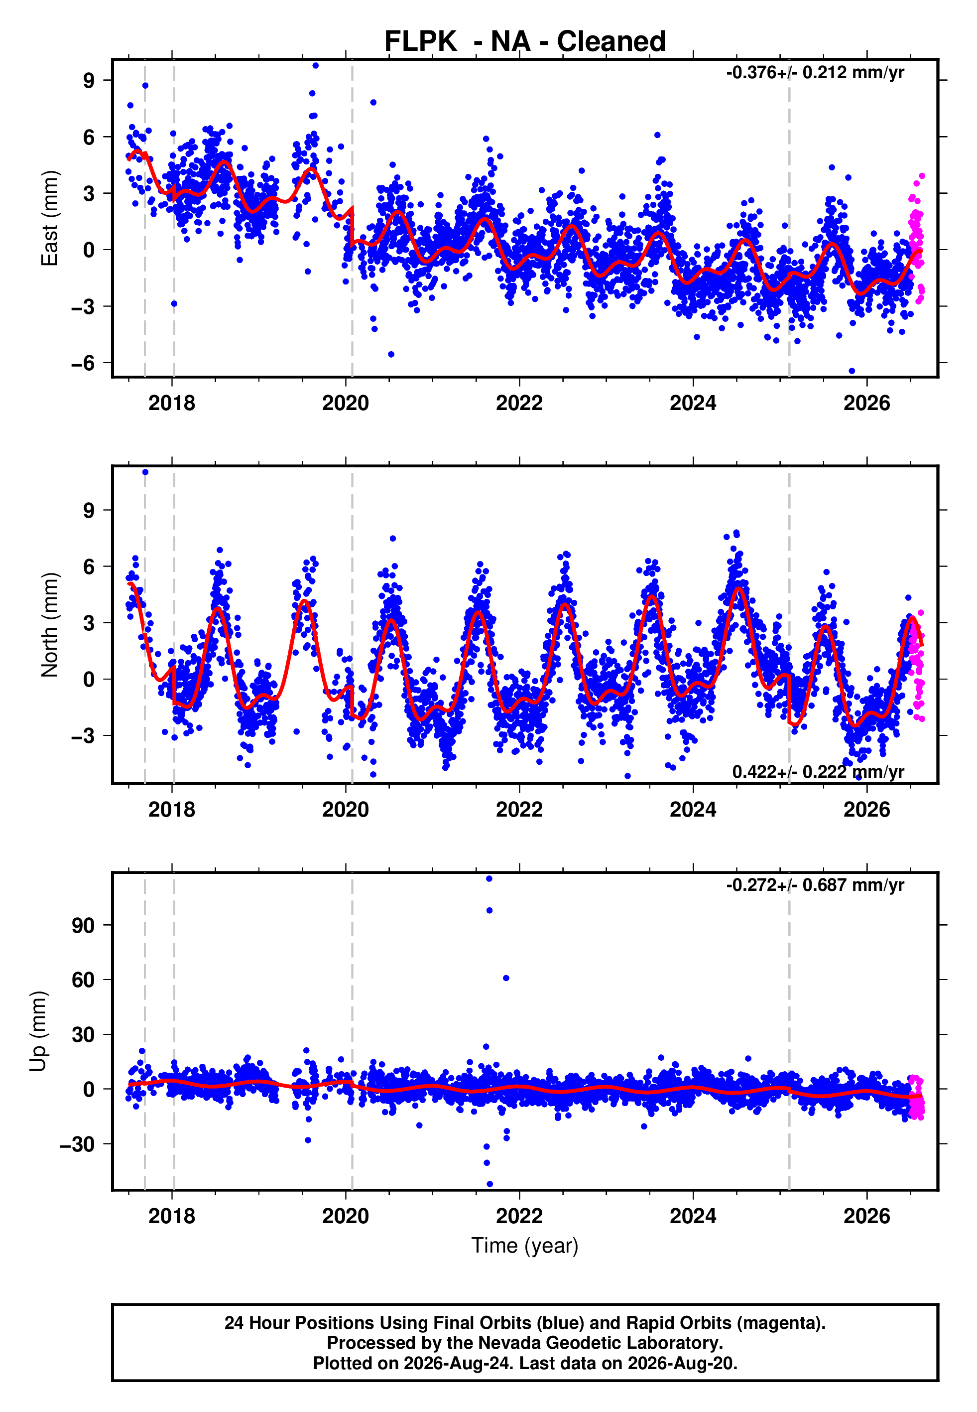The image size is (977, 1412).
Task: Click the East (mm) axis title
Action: click(x=49, y=218)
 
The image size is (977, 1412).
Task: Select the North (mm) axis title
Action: click(x=49, y=625)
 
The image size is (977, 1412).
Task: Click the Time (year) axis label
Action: click(x=525, y=1246)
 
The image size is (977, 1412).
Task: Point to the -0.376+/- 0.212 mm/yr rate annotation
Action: click(x=815, y=72)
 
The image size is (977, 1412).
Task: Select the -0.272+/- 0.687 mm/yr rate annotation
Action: click(x=815, y=885)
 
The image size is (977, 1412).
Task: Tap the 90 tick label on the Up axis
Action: click(x=83, y=925)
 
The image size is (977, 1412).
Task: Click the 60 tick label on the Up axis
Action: click(x=83, y=980)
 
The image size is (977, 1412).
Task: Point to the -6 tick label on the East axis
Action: click(x=83, y=363)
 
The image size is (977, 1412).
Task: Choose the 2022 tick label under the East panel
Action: click(x=519, y=403)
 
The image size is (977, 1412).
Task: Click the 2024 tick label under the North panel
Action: click(x=693, y=810)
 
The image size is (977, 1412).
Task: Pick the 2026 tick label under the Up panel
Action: click(x=867, y=1216)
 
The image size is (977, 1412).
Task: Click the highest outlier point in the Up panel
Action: click(x=489, y=879)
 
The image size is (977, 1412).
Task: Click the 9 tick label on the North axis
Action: click(x=89, y=510)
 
